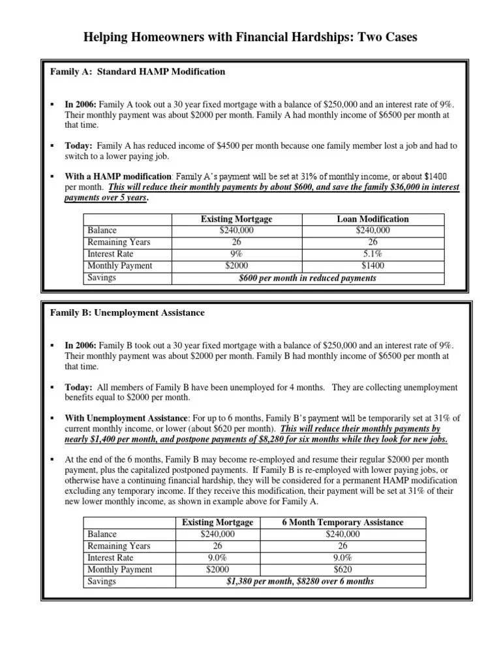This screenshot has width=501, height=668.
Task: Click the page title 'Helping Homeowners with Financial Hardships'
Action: (x=250, y=38)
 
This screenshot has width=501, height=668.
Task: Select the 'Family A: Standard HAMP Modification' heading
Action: (x=138, y=72)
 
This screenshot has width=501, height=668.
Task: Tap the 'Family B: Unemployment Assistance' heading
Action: (x=127, y=312)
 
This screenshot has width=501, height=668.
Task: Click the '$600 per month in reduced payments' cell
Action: (x=307, y=278)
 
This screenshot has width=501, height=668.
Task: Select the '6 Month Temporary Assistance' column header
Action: (x=342, y=523)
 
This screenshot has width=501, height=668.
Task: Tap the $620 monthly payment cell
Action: (x=342, y=569)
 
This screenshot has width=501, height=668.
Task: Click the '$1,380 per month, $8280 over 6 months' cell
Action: (x=300, y=581)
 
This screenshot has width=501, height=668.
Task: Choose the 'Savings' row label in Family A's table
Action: (x=102, y=278)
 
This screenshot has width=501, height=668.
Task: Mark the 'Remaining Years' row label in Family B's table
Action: (x=119, y=546)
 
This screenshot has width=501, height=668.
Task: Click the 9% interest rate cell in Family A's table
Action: (x=236, y=254)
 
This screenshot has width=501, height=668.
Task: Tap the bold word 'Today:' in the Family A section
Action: (x=78, y=147)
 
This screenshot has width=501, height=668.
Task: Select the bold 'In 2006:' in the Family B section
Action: (x=80, y=344)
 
